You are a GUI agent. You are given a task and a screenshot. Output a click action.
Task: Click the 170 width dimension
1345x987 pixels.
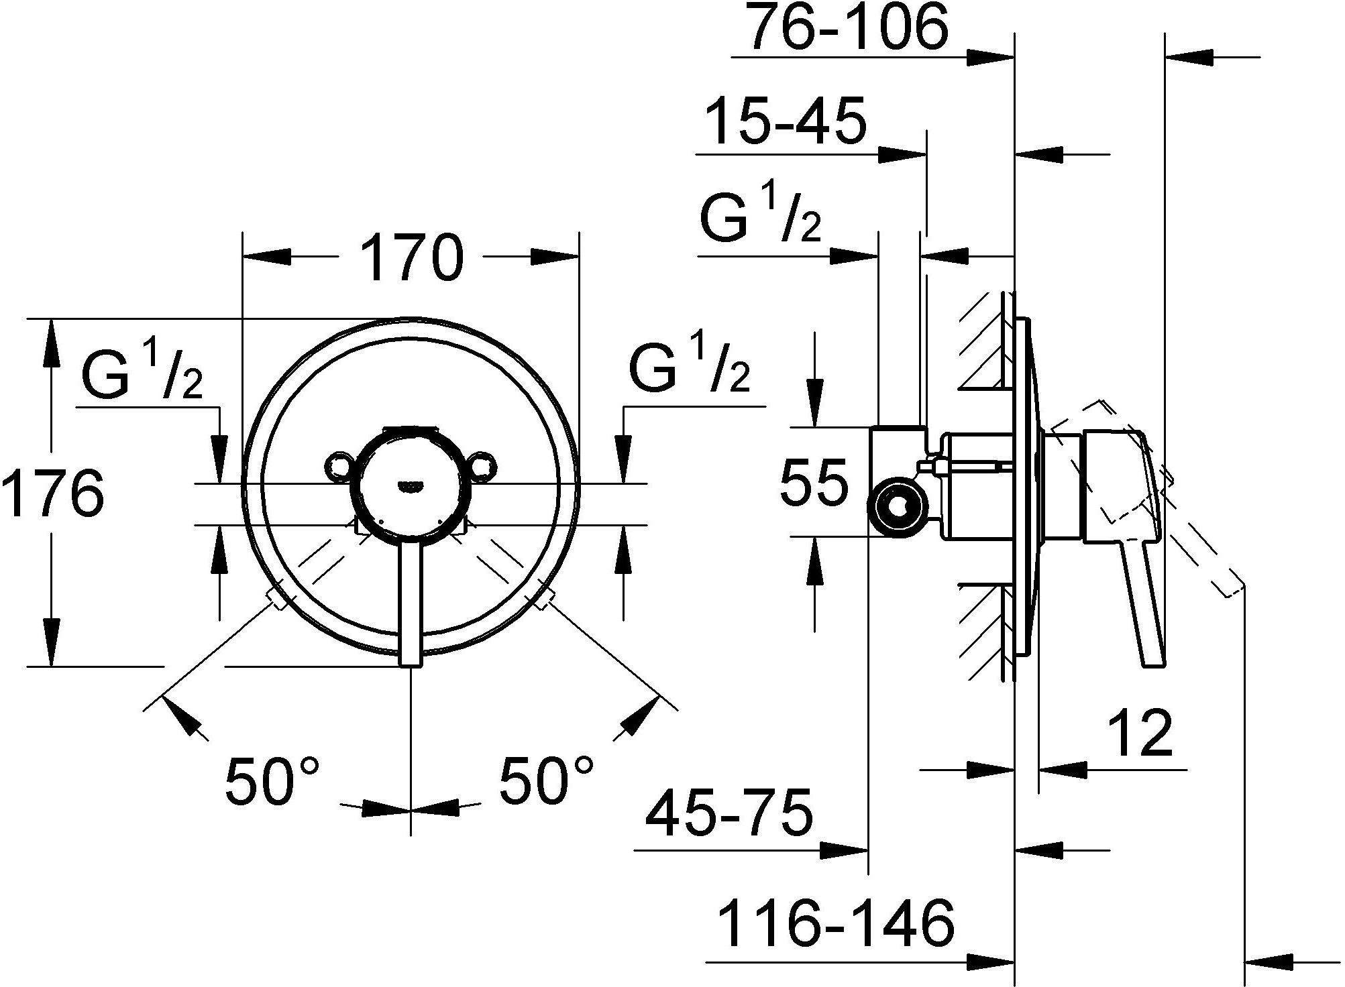click(x=411, y=257)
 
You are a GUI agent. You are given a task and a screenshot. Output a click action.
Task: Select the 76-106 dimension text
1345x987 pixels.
click(x=848, y=27)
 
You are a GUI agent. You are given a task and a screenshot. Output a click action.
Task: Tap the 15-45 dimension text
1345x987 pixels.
click(x=786, y=123)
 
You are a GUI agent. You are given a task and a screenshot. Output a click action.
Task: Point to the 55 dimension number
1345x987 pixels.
click(x=814, y=483)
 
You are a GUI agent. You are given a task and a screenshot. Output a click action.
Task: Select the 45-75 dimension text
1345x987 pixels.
click(x=729, y=813)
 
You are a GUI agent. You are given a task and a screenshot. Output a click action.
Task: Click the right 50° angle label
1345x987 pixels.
click(x=547, y=780)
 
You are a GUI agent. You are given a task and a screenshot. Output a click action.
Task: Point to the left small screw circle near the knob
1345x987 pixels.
click(x=337, y=466)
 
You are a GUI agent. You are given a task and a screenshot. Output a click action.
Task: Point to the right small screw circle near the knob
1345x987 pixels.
click(x=484, y=466)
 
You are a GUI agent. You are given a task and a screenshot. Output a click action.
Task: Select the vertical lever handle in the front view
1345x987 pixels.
click(x=411, y=603)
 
